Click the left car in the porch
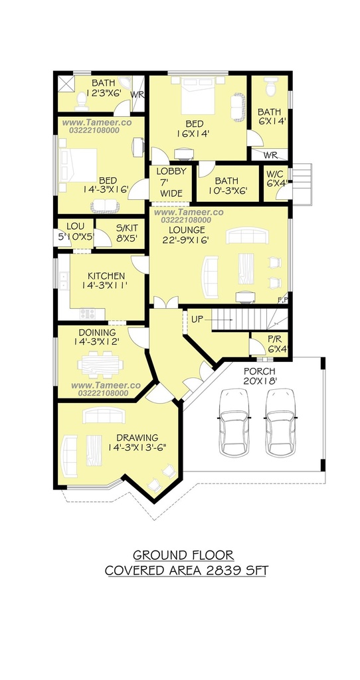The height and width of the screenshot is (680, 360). (234, 422)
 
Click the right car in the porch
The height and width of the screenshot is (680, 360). (280, 422)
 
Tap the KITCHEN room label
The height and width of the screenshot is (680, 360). (106, 276)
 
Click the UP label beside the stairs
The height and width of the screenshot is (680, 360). (197, 319)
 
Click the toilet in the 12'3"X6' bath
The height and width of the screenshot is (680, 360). (81, 102)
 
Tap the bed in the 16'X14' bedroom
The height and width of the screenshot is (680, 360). (198, 95)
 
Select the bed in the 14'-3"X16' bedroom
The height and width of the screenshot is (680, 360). (79, 165)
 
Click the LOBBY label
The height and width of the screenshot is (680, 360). (171, 171)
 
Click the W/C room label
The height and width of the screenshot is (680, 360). (275, 174)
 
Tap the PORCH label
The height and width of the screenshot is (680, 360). (260, 371)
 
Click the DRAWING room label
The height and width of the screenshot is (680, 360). (137, 438)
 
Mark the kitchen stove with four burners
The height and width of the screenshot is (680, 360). (87, 313)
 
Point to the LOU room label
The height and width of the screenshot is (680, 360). (75, 226)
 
